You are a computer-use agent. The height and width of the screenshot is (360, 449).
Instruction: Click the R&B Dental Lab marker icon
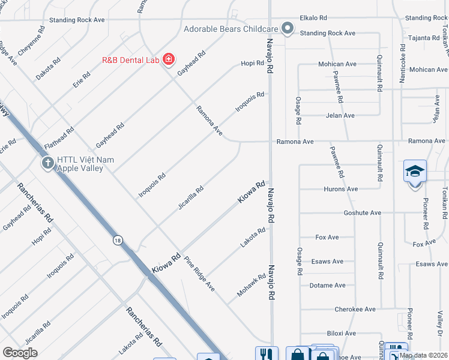click(169, 59)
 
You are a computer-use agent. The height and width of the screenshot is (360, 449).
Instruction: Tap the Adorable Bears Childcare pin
click(288, 28)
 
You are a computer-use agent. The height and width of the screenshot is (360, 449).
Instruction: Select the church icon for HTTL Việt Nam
click(47, 163)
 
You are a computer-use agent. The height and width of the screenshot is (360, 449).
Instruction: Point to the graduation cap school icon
click(415, 172)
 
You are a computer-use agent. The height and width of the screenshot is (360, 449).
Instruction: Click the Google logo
click(20, 353)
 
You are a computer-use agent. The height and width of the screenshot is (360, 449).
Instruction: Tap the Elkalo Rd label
click(313, 19)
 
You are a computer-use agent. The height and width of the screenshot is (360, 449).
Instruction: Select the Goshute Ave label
click(362, 213)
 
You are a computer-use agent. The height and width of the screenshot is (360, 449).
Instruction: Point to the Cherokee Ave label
click(355, 310)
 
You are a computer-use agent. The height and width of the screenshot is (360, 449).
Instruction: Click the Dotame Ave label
click(328, 286)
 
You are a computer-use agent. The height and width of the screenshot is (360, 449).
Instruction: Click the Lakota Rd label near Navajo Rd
click(253, 238)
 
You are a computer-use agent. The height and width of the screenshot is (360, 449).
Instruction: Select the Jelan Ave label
click(340, 115)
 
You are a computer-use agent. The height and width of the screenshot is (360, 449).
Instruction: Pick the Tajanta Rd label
click(424, 37)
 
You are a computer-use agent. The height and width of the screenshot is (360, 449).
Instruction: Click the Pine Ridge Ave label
click(199, 274)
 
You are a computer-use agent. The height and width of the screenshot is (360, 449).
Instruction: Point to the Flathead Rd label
click(58, 137)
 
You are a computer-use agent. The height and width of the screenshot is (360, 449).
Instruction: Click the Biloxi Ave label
click(342, 334)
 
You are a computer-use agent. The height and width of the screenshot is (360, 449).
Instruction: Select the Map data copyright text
click(423, 356)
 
